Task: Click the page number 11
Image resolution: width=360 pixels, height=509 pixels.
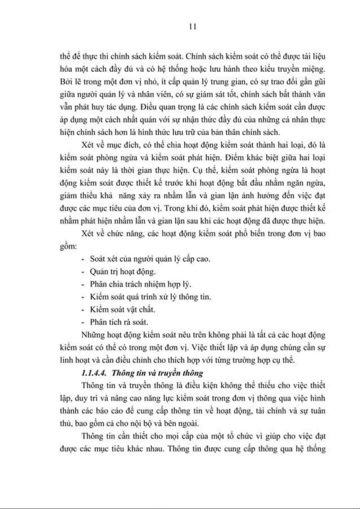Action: pyautogui.click(x=193, y=27)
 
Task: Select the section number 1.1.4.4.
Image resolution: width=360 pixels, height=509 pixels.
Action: pyautogui.click(x=94, y=373)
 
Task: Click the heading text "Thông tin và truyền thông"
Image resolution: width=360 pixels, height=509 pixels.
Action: pyautogui.click(x=157, y=373)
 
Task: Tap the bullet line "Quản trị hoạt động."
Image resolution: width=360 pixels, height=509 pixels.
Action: pyautogui.click(x=123, y=271)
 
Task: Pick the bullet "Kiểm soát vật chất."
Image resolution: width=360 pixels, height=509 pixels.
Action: pyautogui.click(x=122, y=309)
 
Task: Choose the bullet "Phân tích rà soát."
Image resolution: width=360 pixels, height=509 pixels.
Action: pyautogui.click(x=119, y=322)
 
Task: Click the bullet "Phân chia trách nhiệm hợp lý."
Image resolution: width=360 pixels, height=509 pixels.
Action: pyautogui.click(x=140, y=284)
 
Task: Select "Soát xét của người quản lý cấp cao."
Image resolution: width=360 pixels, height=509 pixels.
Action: pyautogui.click(x=150, y=259)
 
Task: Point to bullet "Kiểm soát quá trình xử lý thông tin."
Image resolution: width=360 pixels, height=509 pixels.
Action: pyautogui.click(x=150, y=297)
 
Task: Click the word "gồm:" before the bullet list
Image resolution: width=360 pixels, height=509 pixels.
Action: pyautogui.click(x=68, y=246)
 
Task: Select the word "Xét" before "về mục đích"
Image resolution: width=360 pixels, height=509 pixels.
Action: pyautogui.click(x=88, y=145)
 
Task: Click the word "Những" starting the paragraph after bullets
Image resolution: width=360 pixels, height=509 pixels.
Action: pyautogui.click(x=93, y=335)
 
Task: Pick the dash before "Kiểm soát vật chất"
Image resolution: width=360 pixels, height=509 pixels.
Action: pyautogui.click(x=83, y=310)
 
